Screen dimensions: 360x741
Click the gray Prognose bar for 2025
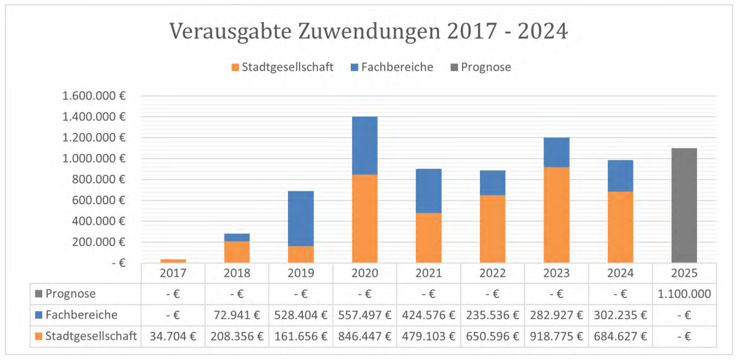[x=684, y=205]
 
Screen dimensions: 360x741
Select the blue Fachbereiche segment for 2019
[x=301, y=218]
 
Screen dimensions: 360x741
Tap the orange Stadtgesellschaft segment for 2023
[x=556, y=215]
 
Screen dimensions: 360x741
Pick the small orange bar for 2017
[x=173, y=261]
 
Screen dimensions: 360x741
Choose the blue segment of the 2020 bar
[x=364, y=145]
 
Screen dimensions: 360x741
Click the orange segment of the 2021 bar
[x=429, y=238]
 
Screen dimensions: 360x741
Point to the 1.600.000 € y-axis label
[x=94, y=96]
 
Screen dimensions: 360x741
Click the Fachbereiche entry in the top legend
[x=397, y=67]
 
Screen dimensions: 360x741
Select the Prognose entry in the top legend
[x=485, y=67]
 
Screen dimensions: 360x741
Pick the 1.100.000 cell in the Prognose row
[x=684, y=293]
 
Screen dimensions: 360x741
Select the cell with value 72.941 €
[x=237, y=315]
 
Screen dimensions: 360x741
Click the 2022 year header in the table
[x=492, y=272]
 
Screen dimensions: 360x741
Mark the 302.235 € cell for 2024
[x=620, y=315]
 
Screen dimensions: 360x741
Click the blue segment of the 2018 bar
[x=237, y=237]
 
